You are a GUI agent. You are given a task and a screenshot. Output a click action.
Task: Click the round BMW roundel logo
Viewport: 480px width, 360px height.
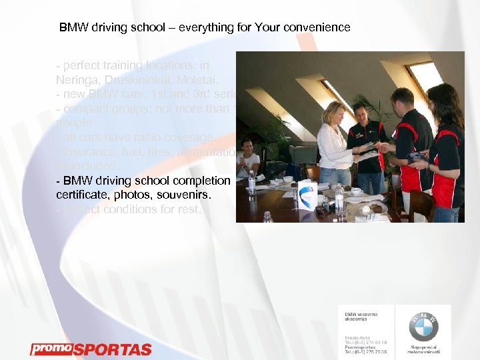tap(423, 326)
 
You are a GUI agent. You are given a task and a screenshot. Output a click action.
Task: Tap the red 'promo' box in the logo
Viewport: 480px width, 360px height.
tap(50, 349)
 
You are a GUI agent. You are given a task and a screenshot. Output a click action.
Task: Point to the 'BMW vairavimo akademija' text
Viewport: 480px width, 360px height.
tap(359, 317)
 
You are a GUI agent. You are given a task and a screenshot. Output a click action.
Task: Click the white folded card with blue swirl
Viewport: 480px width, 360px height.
tap(307, 195)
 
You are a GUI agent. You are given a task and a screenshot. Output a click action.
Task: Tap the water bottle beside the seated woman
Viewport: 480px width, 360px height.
tap(252, 183)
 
